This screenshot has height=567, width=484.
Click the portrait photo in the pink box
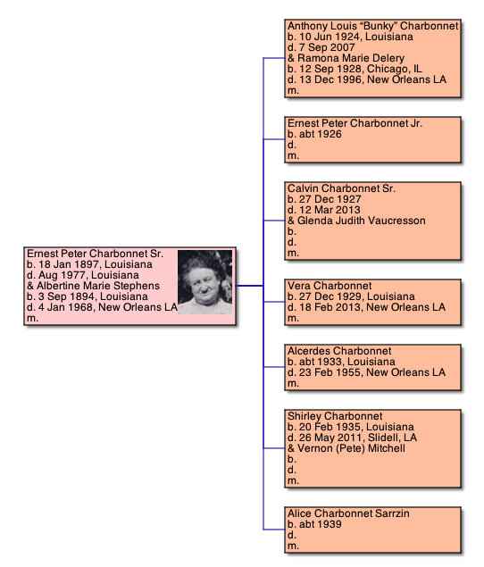205,282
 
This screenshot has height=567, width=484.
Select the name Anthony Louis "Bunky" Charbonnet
373,26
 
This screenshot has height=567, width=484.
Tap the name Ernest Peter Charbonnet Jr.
355,123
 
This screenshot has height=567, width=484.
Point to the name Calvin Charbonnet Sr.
341,188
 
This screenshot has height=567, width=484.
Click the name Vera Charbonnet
330,286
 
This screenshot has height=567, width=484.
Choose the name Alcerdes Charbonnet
339,351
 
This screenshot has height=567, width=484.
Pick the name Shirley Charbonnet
335,416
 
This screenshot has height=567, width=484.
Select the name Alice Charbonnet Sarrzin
348,513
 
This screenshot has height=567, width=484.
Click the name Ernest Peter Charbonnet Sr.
96,254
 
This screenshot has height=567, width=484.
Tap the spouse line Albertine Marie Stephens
94,286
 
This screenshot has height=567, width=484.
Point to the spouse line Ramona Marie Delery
346,58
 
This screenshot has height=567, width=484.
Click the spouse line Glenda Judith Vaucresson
356,221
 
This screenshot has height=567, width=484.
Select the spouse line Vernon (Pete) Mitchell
346,448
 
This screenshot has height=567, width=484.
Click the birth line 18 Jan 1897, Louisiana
89,264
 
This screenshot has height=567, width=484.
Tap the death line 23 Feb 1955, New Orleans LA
366,372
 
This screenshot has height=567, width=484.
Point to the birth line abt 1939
314,524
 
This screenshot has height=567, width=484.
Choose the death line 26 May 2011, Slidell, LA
353,438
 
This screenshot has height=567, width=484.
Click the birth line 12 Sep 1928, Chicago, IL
355,69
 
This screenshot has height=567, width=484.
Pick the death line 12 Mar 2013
324,210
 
